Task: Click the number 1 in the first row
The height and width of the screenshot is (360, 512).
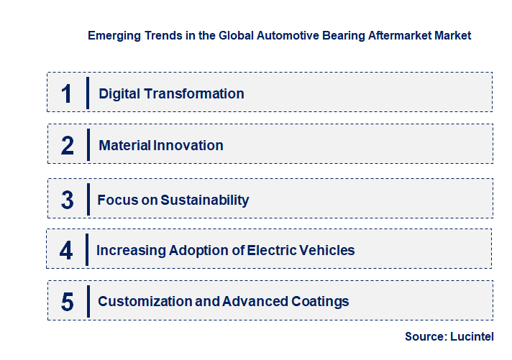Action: tap(66, 93)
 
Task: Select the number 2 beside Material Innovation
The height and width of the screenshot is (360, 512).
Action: tap(67, 145)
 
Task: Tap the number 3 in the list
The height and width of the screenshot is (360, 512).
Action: tap(67, 200)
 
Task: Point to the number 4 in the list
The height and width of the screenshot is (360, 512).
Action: tap(66, 250)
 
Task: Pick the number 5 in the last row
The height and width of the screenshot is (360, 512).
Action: tap(67, 302)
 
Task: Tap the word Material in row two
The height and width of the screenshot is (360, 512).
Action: tap(125, 145)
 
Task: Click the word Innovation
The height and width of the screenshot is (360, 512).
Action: tap(189, 145)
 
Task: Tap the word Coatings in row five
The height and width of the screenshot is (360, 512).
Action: tap(320, 302)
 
